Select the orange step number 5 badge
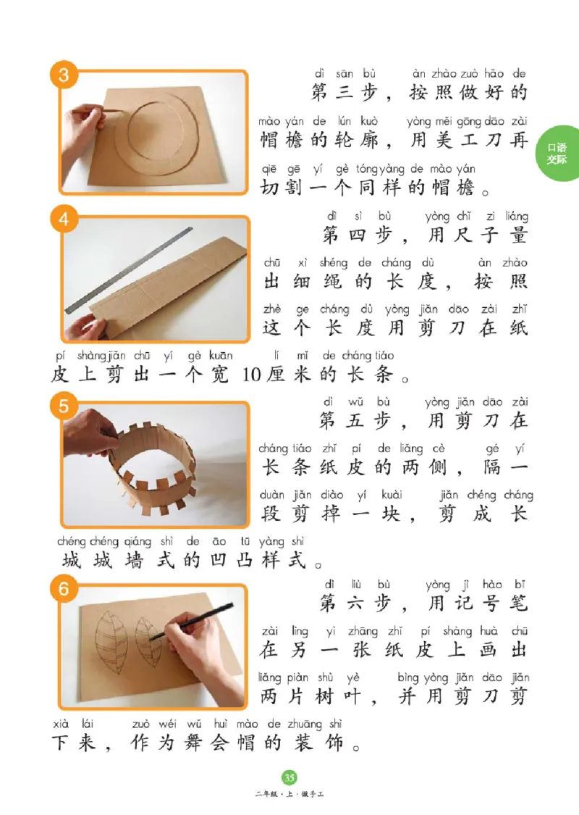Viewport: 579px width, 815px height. pyautogui.click(x=63, y=405)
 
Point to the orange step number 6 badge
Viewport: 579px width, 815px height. pyautogui.click(x=63, y=590)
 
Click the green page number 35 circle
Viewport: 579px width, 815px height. pyautogui.click(x=289, y=778)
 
